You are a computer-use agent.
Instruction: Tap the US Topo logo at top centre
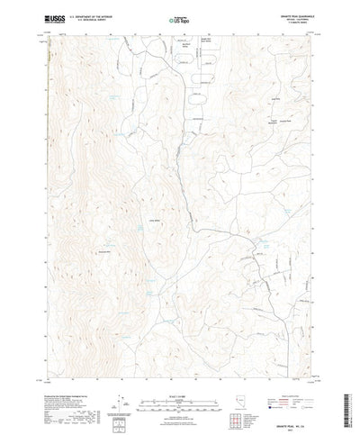click(180, 17)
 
